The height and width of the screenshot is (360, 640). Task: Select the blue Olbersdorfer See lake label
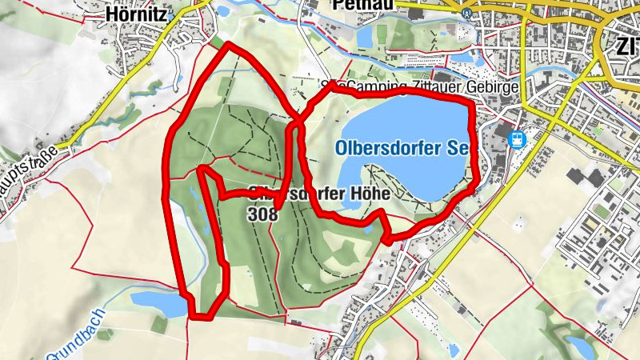tap(401, 148)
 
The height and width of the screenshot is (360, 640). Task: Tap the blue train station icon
tap(518, 139)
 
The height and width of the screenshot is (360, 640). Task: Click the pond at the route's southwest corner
tap(160, 302)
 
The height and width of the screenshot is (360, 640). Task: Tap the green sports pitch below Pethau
tap(382, 34)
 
